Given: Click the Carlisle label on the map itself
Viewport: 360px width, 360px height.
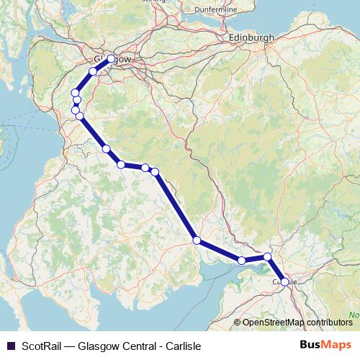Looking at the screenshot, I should (x=284, y=282).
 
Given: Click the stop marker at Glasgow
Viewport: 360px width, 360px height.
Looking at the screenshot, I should (x=110, y=59).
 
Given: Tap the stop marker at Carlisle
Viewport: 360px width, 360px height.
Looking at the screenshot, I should (x=284, y=282).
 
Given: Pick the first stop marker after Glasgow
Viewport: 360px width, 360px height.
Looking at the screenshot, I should (x=93, y=71).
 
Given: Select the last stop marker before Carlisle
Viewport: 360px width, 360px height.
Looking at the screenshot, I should (x=267, y=257).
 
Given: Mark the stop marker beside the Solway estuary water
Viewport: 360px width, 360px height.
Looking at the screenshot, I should (x=242, y=261).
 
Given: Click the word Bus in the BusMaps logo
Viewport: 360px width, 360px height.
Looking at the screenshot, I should (x=311, y=345).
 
